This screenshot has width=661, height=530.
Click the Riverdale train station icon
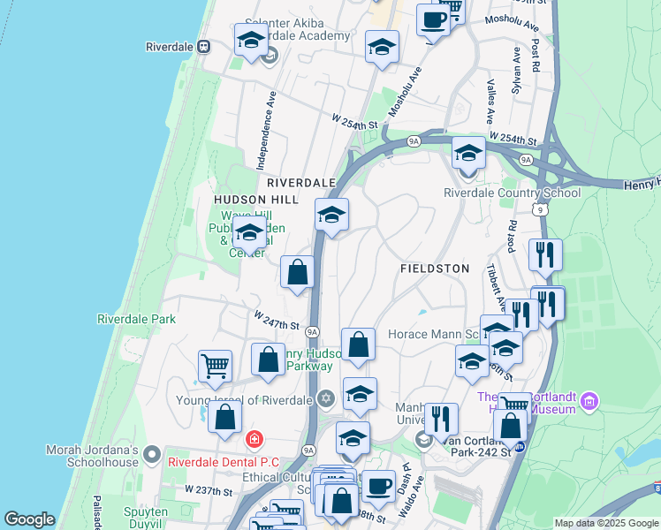(204, 46)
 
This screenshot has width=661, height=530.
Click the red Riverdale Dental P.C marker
(255, 438)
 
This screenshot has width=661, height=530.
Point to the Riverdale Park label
(136, 319)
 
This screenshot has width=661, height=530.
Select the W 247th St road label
(277, 316)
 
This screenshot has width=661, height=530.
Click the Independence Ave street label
(262, 132)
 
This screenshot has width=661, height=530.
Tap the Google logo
(29, 519)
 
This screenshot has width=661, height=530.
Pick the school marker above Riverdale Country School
(468, 153)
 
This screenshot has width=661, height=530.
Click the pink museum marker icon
(589, 403)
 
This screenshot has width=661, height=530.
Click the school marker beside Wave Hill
(249, 234)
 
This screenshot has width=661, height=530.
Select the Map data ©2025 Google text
(606, 523)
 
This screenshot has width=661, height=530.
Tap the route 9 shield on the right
(538, 208)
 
